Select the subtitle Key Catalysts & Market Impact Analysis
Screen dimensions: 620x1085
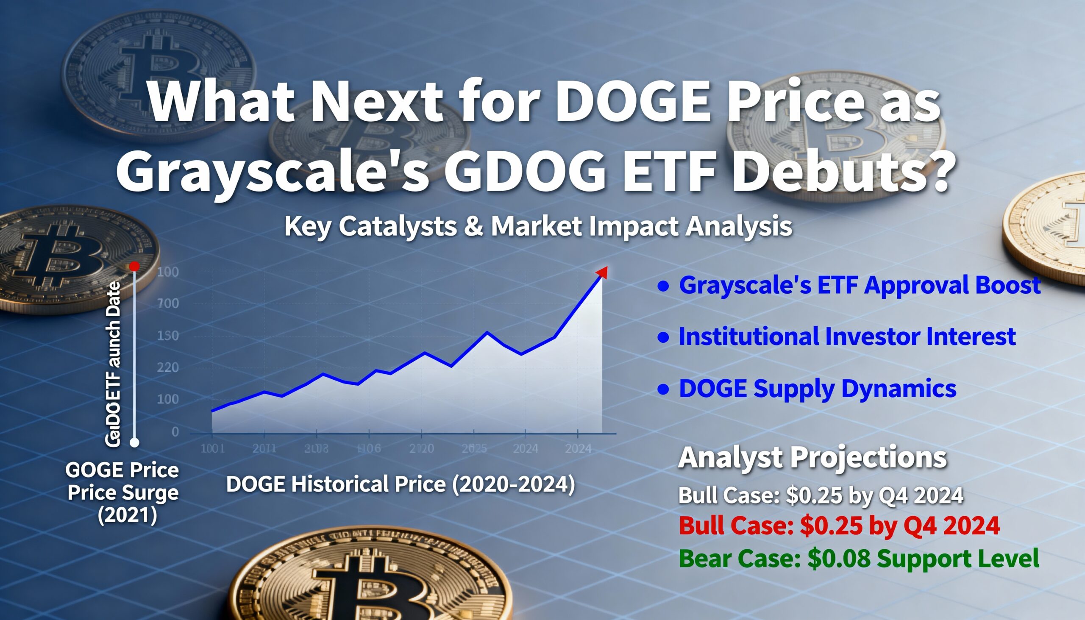click(x=538, y=226)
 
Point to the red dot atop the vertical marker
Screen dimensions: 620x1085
click(x=134, y=267)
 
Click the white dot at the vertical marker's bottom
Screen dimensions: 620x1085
click(x=134, y=442)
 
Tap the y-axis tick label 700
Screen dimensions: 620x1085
click(x=168, y=303)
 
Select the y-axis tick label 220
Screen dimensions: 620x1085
click(x=168, y=367)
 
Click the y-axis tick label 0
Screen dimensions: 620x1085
click(x=175, y=432)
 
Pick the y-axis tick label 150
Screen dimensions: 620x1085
click(x=168, y=336)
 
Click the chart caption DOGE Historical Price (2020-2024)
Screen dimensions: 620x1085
click(x=400, y=484)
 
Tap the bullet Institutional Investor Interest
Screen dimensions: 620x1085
click(x=846, y=336)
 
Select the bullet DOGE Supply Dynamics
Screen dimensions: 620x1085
click(x=817, y=388)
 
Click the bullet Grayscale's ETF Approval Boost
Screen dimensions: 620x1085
click(x=860, y=284)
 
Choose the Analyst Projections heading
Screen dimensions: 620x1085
click(x=812, y=457)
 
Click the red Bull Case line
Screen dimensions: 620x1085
click(x=839, y=525)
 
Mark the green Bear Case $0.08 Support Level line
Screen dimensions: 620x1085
click(x=858, y=558)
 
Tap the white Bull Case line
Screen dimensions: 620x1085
click(x=820, y=495)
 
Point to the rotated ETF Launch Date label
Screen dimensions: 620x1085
click(x=113, y=364)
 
